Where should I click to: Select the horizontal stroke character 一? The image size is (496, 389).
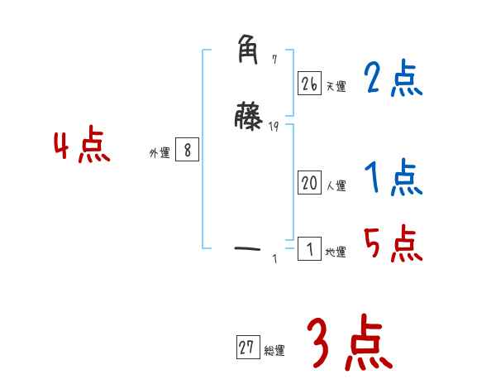tap(249, 247)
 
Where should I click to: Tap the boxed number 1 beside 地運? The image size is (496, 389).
tap(309, 249)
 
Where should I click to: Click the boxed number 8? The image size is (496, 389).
tap(188, 150)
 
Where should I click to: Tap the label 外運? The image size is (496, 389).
tap(160, 153)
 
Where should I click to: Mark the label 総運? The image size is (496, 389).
tap(274, 351)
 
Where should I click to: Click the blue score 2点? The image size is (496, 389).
tap(393, 79)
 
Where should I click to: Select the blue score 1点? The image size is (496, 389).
tap(393, 177)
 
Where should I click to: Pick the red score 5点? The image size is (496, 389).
tap(393, 243)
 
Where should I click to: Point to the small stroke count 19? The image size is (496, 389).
tap(274, 126)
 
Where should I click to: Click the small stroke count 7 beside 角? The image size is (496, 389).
tap(274, 60)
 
